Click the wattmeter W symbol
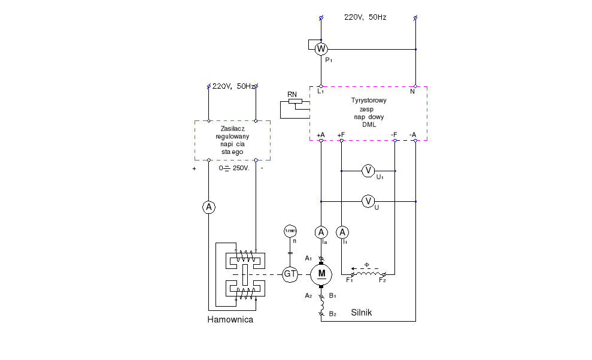coord(321,49)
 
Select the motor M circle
coord(322,274)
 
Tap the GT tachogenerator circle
coord(290,274)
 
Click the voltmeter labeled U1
coord(368,171)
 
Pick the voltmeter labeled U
coord(368,201)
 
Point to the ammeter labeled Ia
coord(321,232)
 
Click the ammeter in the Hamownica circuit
coord(208,207)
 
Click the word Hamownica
coord(230,320)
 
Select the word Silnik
coord(362,313)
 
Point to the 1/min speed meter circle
coord(290,231)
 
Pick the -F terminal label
coord(394,134)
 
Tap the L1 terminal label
coord(321,91)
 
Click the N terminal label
coord(412,91)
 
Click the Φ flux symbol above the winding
coord(368,264)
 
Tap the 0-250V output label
coord(235,168)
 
